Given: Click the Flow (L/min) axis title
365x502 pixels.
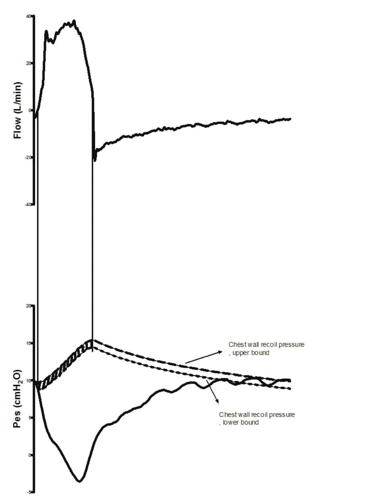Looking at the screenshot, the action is tap(18, 110).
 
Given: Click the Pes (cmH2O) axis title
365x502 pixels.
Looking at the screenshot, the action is tap(17, 399).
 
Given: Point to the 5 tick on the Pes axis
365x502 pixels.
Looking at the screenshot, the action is tap(30, 418).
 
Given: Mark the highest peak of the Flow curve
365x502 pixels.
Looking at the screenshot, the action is tap(74, 21).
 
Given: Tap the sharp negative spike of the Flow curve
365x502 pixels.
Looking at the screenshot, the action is tap(95, 160).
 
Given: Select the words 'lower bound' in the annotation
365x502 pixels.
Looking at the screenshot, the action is tap(240, 423).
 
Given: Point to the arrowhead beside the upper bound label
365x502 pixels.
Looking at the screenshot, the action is tap(221, 352).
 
